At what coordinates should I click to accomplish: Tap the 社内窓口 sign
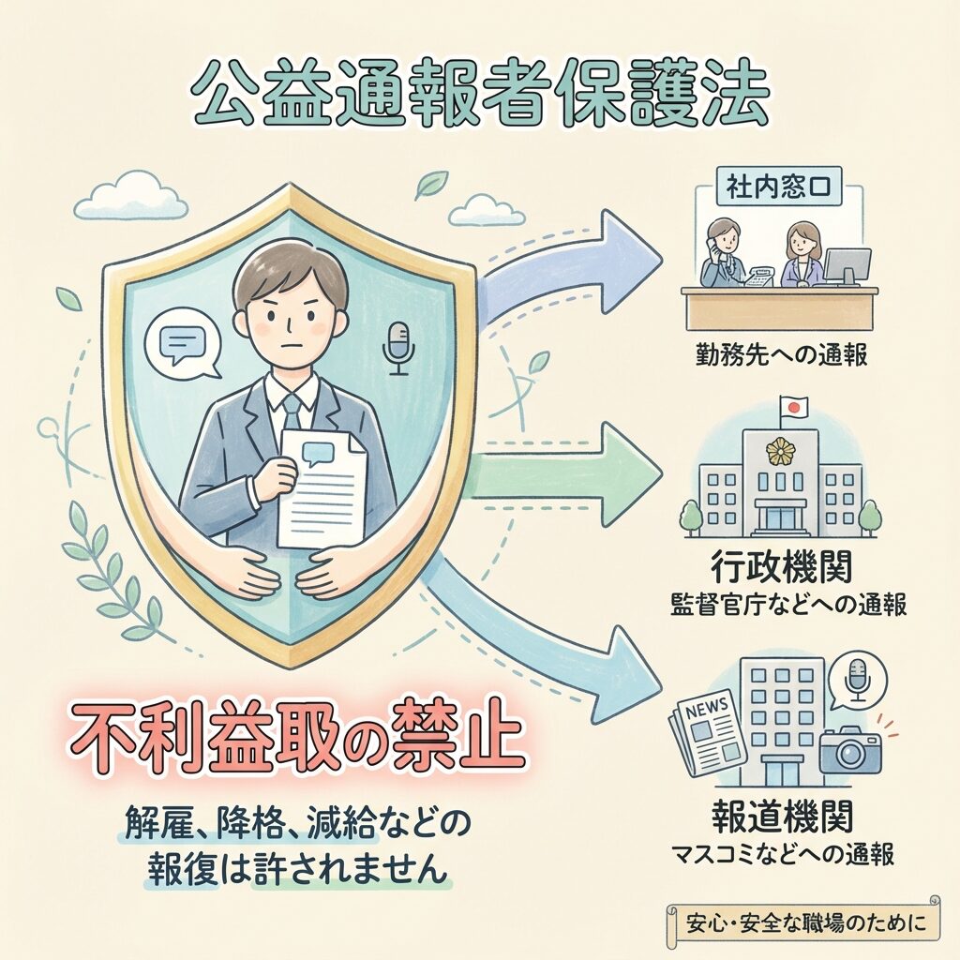(779, 187)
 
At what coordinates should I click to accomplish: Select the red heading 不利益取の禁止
(296, 739)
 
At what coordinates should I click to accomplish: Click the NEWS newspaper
(707, 729)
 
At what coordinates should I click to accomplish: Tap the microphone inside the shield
(398, 348)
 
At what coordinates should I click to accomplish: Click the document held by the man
(321, 487)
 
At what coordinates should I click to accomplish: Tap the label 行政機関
(781, 567)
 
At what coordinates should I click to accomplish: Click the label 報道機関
(783, 817)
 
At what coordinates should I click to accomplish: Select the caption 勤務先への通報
(782, 354)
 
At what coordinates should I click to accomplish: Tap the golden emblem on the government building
(780, 453)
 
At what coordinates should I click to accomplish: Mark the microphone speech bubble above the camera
(857, 679)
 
